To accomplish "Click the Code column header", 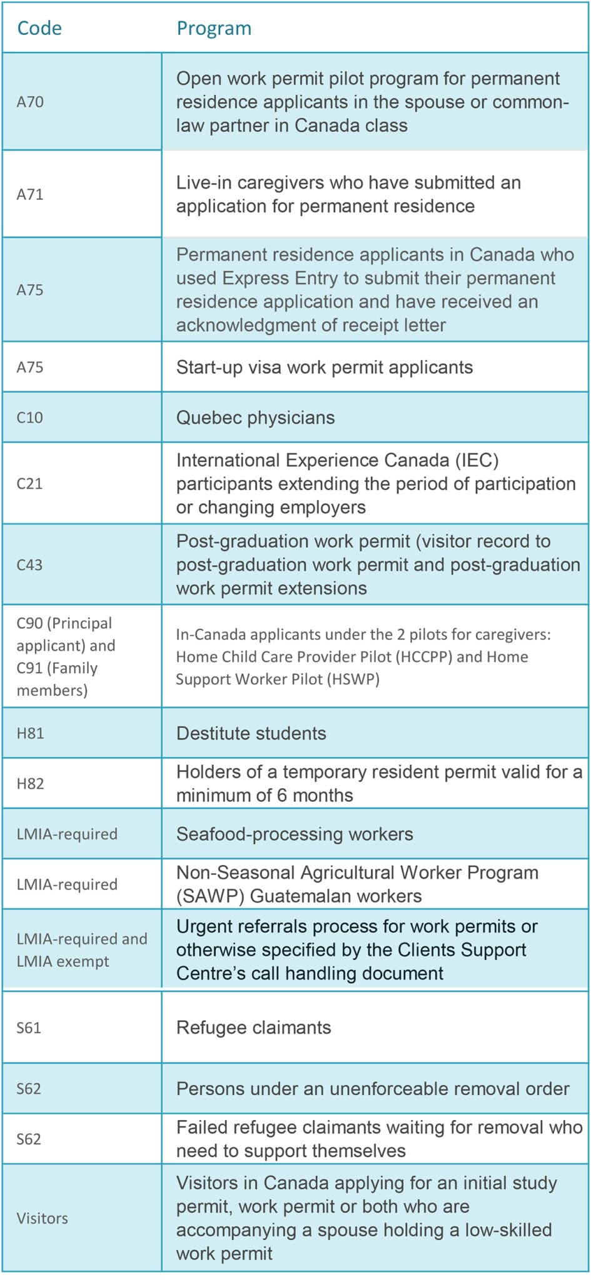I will point(39,28).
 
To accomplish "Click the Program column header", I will point(214,28).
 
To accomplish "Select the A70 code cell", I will point(30,102).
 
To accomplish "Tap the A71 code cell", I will point(30,194).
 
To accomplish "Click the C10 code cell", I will point(29,417).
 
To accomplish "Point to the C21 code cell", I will point(29,484).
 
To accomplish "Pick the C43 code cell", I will point(29,565).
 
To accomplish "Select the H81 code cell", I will point(30,733).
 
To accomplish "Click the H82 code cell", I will point(30,784).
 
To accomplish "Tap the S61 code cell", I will point(29,1027).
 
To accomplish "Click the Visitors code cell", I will point(42,1218).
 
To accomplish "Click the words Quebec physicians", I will point(255,417).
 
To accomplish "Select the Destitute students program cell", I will point(251,733).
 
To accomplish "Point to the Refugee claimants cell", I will point(253,1027).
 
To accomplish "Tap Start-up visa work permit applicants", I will point(324,367).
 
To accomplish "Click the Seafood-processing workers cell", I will point(295,834).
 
